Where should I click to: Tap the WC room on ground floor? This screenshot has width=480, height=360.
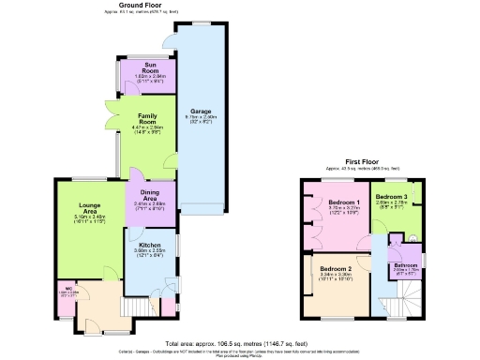coord(69,292)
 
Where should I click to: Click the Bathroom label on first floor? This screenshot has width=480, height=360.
coord(405,264)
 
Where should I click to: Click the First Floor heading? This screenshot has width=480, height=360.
coord(360,161)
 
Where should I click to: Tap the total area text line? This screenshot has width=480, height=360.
coord(240,343)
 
